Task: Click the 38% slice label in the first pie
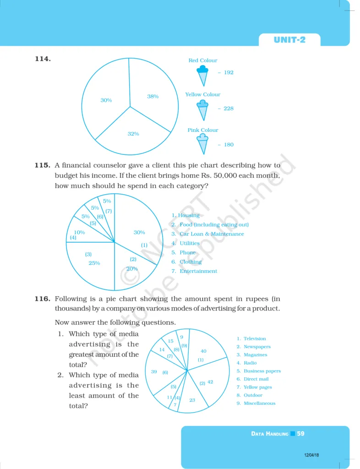click(x=153, y=97)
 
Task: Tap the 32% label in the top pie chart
click(x=133, y=134)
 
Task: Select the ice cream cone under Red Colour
click(x=202, y=76)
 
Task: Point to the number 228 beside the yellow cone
click(x=228, y=109)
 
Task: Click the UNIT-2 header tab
click(x=289, y=40)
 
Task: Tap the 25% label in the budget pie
click(x=94, y=263)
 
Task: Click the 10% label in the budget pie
click(x=79, y=232)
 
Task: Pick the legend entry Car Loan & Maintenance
click(x=212, y=234)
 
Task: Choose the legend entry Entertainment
click(x=198, y=271)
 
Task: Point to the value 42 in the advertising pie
click(x=210, y=382)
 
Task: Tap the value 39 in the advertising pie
click(x=154, y=372)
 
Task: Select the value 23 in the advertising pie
click(x=192, y=400)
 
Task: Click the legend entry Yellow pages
click(x=257, y=387)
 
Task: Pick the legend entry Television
click(x=255, y=338)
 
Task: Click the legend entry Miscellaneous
click(x=259, y=404)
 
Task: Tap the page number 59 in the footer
click(x=300, y=433)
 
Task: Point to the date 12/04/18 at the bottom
click(x=311, y=455)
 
